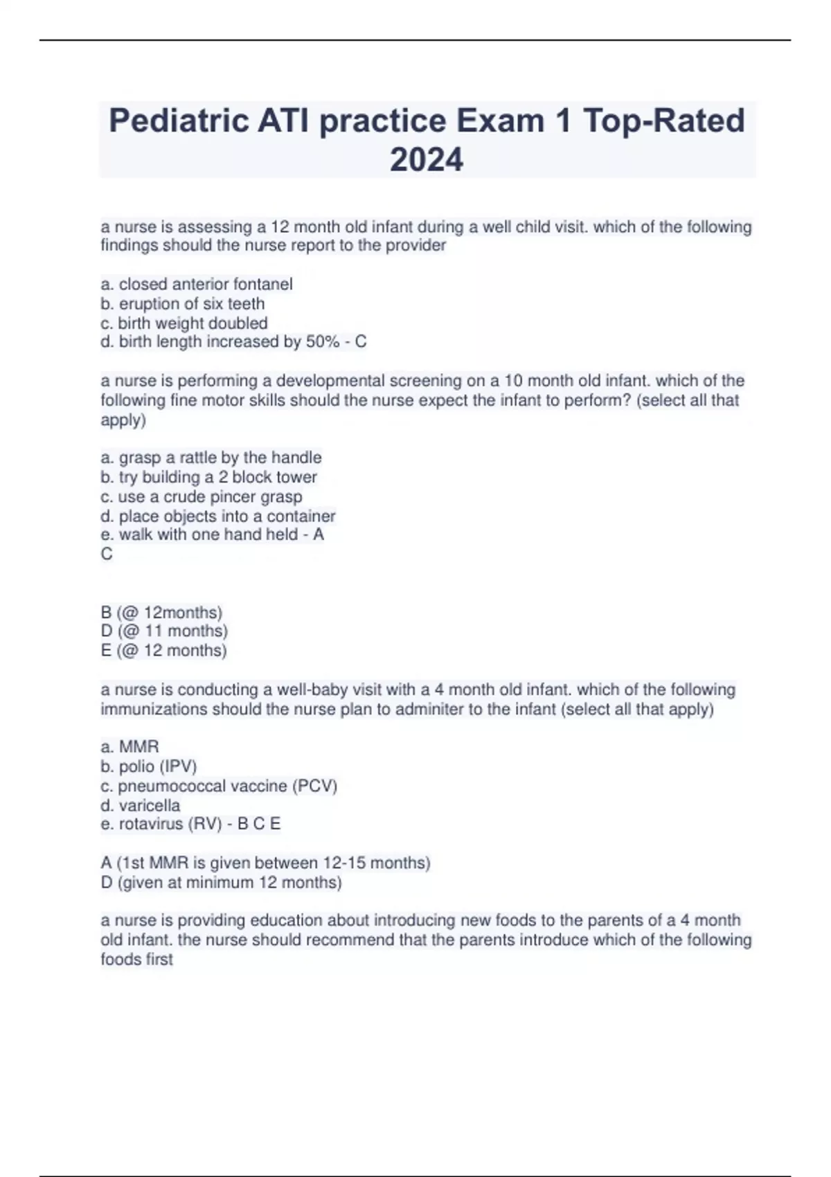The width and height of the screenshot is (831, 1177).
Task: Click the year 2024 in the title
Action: [427, 160]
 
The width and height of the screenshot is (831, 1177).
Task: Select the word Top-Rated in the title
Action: [664, 121]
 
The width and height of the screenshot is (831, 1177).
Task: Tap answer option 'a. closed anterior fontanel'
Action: [197, 284]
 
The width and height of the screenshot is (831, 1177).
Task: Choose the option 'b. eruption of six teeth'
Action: [183, 303]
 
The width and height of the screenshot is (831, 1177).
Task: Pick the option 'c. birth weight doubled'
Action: [184, 323]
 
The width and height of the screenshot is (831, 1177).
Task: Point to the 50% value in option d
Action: [323, 341]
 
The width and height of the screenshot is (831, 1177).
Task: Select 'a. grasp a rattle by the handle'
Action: [211, 458]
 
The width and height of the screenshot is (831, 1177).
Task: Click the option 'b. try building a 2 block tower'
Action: [208, 477]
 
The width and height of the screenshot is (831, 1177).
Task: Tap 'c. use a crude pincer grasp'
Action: [202, 496]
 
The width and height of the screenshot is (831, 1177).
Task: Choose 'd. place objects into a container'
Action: [218, 516]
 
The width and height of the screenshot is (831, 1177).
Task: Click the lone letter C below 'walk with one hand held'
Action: [107, 554]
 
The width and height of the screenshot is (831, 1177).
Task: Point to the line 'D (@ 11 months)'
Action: [164, 631]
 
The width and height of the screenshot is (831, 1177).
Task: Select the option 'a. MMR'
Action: [129, 746]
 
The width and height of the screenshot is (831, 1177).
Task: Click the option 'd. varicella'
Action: [141, 805]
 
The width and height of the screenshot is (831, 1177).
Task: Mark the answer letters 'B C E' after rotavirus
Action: [259, 824]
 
